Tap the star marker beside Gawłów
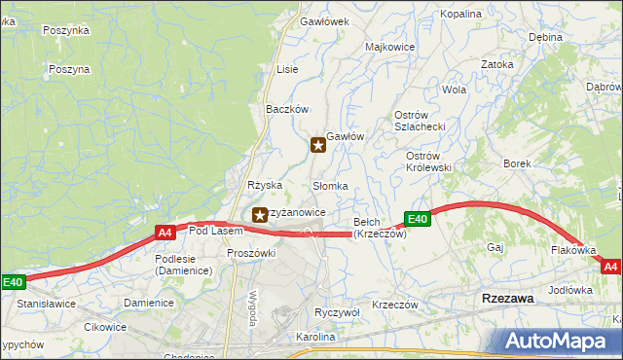pyautogui.click(x=318, y=146)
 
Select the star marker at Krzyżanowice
pyautogui.click(x=259, y=214)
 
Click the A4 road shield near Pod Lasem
pyautogui.click(x=165, y=233)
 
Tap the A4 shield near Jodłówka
pyautogui.click(x=610, y=266)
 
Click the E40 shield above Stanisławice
pyautogui.click(x=12, y=282)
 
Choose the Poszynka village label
pyautogui.click(x=66, y=30)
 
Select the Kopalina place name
pyautogui.click(x=461, y=15)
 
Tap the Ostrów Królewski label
pyautogui.click(x=428, y=162)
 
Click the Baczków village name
pyautogui.click(x=287, y=109)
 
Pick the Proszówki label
pyautogui.click(x=252, y=253)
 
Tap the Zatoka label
pyautogui.click(x=496, y=64)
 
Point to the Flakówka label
pyautogui.click(x=572, y=250)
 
